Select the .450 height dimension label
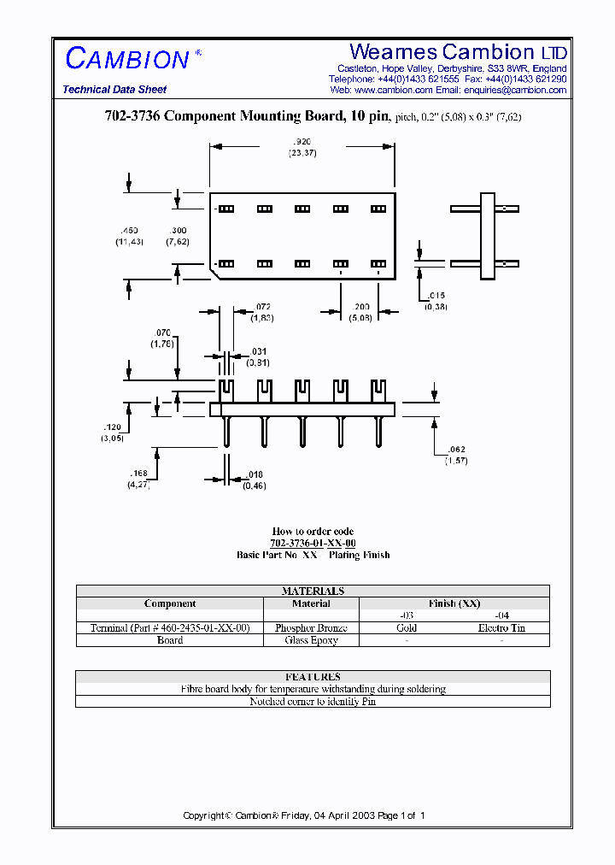click(130, 231)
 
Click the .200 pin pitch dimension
click(360, 306)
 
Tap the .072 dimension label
click(263, 306)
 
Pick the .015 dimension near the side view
click(436, 296)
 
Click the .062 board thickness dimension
click(456, 450)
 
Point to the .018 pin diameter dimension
click(254, 475)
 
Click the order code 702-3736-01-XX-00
click(313, 544)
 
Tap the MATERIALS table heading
click(313, 591)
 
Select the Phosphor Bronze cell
click(311, 628)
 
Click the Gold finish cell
click(407, 628)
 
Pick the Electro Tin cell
click(501, 628)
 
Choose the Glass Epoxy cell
click(311, 640)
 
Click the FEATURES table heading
click(313, 677)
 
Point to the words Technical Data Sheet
click(114, 90)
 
